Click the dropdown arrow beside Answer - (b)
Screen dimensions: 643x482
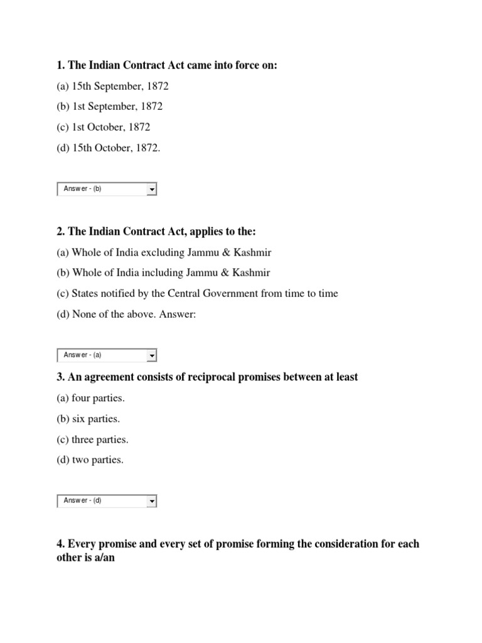[152, 189]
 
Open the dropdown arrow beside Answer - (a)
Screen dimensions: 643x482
[152, 355]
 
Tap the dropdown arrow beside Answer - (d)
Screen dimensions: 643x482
[152, 501]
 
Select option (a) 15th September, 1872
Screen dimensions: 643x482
[112, 86]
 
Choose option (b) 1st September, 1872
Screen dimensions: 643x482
[110, 107]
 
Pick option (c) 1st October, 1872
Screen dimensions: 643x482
[104, 127]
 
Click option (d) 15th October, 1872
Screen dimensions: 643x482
[109, 148]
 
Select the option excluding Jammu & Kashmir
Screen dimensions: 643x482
[164, 252]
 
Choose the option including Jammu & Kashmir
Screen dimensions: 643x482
[163, 273]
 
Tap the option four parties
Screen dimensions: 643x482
[90, 398]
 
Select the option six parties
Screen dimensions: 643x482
[88, 419]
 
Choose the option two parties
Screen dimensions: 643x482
[90, 460]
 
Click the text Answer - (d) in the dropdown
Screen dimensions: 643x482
[82, 501]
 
